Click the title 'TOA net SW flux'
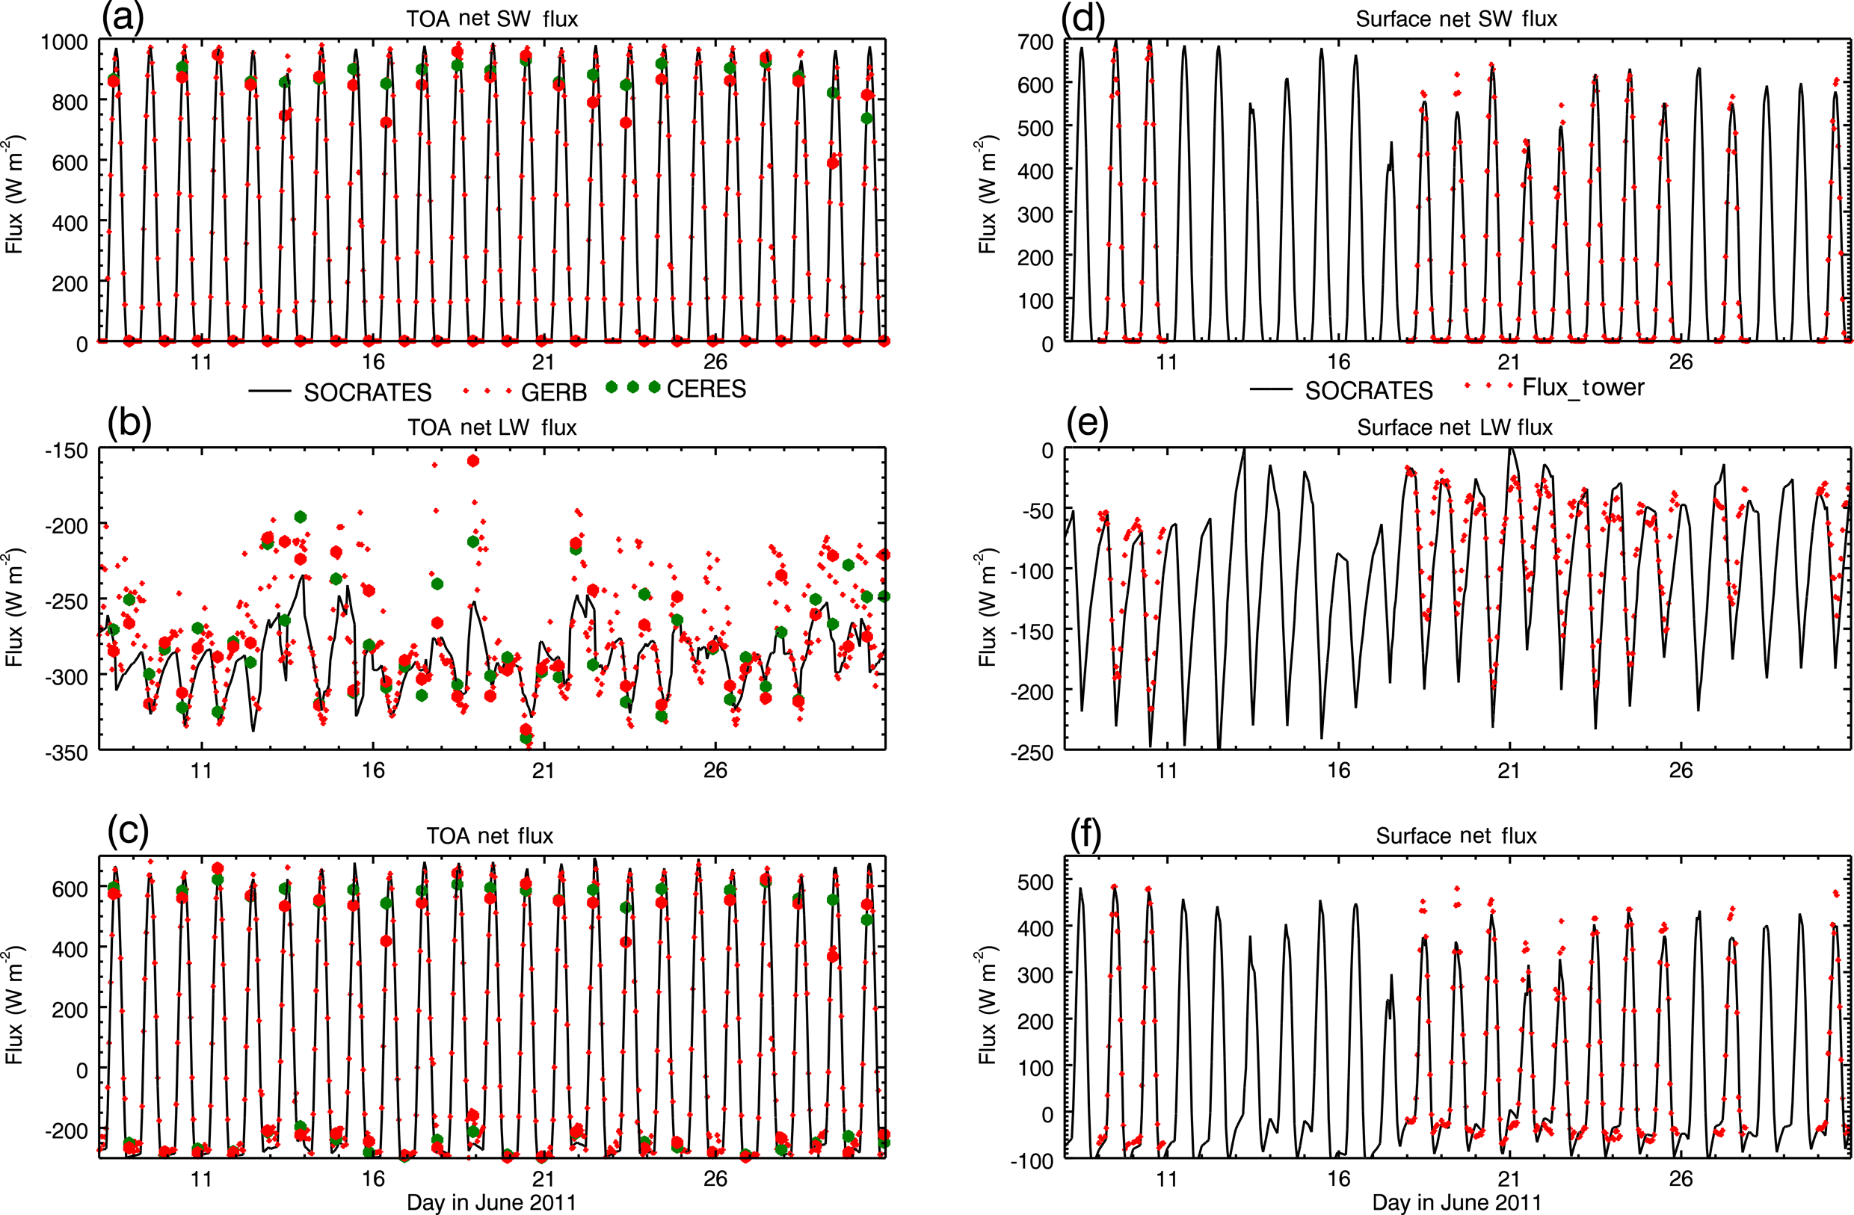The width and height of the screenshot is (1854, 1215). coord(492,19)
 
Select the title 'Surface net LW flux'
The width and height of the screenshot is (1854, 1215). coord(1454,427)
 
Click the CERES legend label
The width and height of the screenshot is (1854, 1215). coord(706,389)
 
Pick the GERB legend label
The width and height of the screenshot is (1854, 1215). coord(553,392)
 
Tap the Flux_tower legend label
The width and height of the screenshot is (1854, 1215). coord(1583,387)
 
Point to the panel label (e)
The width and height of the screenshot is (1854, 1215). coord(1088,425)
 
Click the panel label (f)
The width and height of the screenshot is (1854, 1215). coord(1086,835)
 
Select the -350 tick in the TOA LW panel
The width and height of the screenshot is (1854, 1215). coord(67,753)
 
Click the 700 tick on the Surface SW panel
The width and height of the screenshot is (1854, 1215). coord(1035,42)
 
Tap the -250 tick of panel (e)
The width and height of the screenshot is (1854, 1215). coord(1032,753)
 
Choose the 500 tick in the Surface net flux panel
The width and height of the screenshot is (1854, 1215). coord(1035,882)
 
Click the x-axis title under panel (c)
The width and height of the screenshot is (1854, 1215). coord(492,1202)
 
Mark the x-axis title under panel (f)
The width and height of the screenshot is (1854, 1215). coord(1456,1202)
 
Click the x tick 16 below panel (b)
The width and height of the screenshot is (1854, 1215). coord(373,771)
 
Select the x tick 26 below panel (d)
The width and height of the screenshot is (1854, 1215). coord(1681,362)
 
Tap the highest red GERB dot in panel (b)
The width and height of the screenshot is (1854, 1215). coord(473,461)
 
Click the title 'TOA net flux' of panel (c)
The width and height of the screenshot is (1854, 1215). coord(489,836)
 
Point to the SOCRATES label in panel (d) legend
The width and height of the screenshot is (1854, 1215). coord(1369,391)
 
